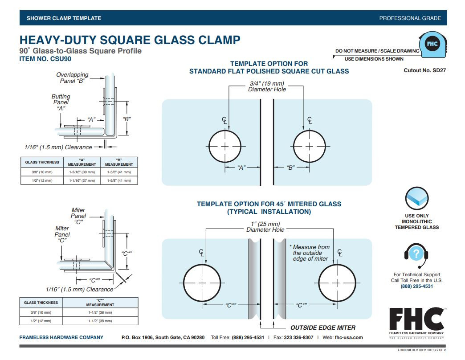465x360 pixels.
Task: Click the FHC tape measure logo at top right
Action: pyautogui.click(x=432, y=44)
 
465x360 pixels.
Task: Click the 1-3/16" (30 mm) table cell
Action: pyautogui.click(x=82, y=172)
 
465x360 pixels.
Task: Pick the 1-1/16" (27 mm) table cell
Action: pyautogui.click(x=82, y=180)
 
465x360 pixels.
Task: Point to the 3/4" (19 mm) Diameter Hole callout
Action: pyautogui.click(x=267, y=86)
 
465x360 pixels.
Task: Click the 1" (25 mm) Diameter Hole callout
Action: pyautogui.click(x=265, y=227)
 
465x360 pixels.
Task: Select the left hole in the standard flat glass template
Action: pyautogui.click(x=225, y=146)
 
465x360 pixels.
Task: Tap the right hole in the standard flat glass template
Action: pyautogui.click(x=310, y=146)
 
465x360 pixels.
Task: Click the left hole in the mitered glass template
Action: pyautogui.click(x=202, y=283)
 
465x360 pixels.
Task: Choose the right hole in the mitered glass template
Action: pyautogui.click(x=337, y=283)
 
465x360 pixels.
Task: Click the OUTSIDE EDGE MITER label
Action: pyautogui.click(x=323, y=327)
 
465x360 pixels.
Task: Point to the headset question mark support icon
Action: pyautogui.click(x=416, y=254)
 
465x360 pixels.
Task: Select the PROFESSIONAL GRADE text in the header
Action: pyautogui.click(x=410, y=18)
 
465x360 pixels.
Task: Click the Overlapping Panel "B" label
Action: pyautogui.click(x=72, y=78)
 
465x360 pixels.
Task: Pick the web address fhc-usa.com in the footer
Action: pyautogui.click(x=348, y=337)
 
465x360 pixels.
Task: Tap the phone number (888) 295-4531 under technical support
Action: pyautogui.click(x=416, y=286)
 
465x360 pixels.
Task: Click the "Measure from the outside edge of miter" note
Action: pyautogui.click(x=311, y=253)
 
